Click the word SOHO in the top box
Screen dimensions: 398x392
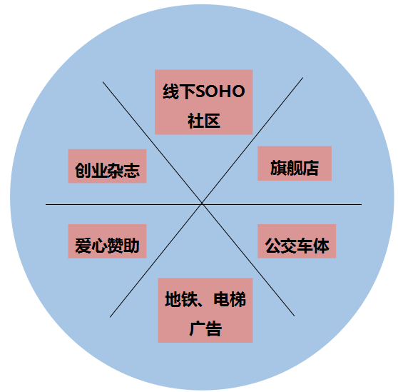[x=220, y=91]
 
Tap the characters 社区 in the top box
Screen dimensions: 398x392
[x=204, y=121]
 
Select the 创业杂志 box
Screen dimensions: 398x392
[x=108, y=166]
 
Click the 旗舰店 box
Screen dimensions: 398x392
[x=295, y=164]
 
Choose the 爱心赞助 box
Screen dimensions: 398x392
[x=108, y=241]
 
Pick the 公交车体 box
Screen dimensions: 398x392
[x=297, y=241]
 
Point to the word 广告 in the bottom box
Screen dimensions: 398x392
[x=205, y=328]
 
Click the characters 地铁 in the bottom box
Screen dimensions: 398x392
[x=181, y=299]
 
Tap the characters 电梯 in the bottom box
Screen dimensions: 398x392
[x=230, y=299]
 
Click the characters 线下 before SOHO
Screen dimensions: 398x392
[x=179, y=91]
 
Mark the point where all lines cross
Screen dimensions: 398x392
[x=202, y=204]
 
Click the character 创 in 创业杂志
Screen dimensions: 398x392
[x=83, y=170]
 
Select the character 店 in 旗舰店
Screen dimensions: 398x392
[x=311, y=168]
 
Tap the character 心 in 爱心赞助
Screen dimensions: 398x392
[x=99, y=246]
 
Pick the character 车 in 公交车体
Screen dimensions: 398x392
[x=305, y=246]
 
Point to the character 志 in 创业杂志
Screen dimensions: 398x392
[x=132, y=170]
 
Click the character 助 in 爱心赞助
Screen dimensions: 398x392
[x=131, y=246]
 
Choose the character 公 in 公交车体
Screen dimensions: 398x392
[x=273, y=246]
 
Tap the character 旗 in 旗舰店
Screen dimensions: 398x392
[x=278, y=168]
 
